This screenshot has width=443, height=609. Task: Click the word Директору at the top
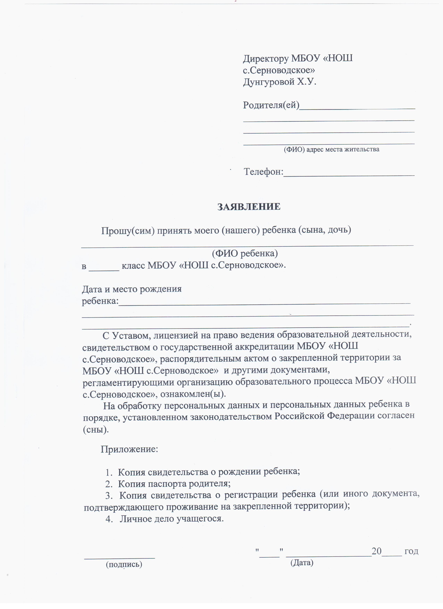(x=266, y=58)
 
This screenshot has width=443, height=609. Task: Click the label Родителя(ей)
(x=271, y=105)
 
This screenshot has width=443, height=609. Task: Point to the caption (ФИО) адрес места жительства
(x=331, y=149)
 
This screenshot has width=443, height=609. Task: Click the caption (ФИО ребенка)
(x=245, y=253)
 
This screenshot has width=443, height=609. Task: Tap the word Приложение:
(x=129, y=449)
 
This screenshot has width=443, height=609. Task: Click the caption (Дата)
(x=302, y=563)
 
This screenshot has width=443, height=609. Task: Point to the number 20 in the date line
(x=376, y=551)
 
